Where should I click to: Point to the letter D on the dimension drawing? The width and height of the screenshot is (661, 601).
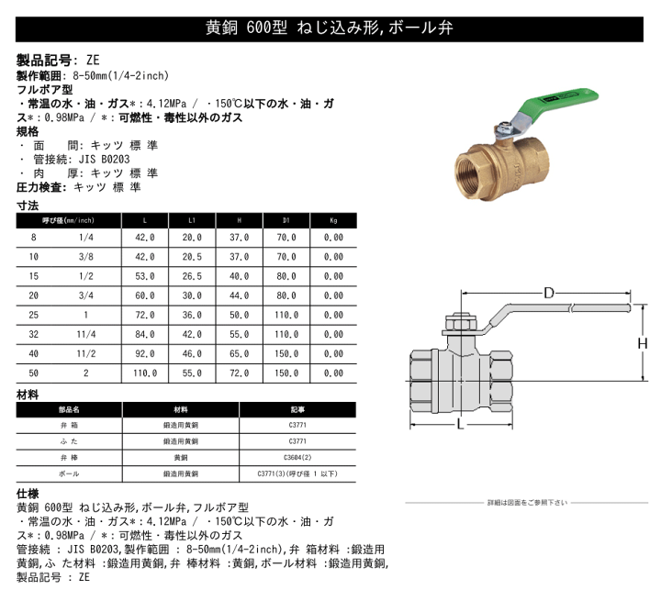(548, 294)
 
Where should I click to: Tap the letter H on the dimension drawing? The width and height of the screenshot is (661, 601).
(644, 343)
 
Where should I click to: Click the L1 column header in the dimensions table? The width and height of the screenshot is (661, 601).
(191, 221)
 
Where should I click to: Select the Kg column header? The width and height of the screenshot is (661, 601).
(333, 221)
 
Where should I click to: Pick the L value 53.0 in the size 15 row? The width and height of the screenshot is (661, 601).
(145, 275)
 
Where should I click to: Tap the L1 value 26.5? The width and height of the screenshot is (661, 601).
(191, 275)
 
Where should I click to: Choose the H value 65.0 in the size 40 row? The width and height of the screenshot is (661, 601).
(239, 353)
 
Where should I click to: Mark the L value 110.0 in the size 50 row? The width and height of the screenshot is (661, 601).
(145, 373)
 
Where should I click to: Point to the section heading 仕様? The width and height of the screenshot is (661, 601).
(28, 493)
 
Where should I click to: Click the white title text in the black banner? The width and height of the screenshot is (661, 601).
(330, 28)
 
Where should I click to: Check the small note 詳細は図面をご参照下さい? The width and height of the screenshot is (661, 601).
(527, 502)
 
